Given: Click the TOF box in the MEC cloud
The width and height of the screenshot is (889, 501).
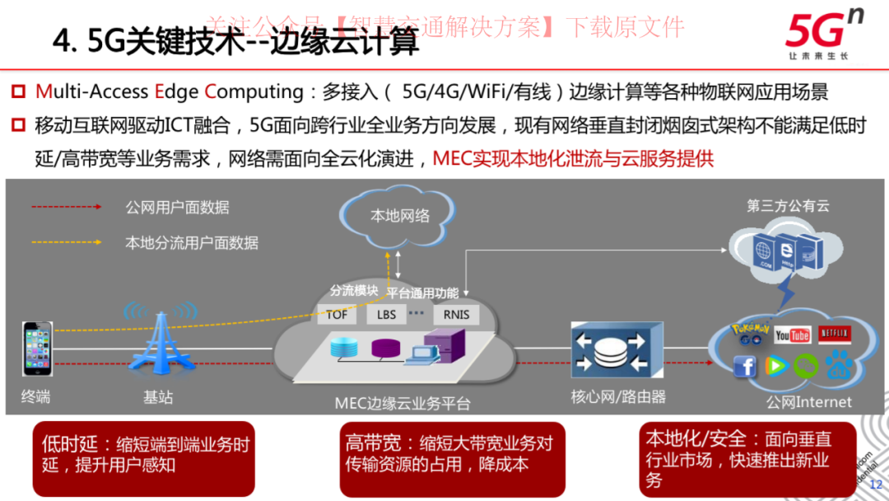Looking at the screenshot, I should click(x=337, y=314).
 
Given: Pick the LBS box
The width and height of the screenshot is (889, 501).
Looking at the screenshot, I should click(x=386, y=314).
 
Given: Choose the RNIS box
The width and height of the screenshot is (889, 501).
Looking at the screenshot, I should click(x=456, y=314).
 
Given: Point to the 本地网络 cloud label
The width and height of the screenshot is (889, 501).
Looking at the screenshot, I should click(x=400, y=216).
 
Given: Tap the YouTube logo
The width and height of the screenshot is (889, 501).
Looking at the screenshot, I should click(x=793, y=334).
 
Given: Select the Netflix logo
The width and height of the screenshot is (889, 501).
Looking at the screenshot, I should click(x=834, y=333).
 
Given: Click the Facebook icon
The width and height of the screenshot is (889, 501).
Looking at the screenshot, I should click(x=745, y=367).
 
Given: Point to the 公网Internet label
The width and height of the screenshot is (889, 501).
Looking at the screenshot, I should click(x=808, y=402).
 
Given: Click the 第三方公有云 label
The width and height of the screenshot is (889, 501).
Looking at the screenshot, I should click(x=788, y=206).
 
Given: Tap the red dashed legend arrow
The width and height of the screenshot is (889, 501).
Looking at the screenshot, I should click(x=66, y=208).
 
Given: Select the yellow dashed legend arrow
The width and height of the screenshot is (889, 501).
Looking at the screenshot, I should click(x=66, y=243).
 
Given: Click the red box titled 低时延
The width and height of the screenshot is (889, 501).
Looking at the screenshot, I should click(x=143, y=457).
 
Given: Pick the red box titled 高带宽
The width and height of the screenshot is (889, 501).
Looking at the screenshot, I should click(x=451, y=458).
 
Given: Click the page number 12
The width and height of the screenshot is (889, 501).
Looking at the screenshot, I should click(x=876, y=485).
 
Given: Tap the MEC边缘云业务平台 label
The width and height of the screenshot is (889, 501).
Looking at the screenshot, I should click(x=403, y=404).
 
